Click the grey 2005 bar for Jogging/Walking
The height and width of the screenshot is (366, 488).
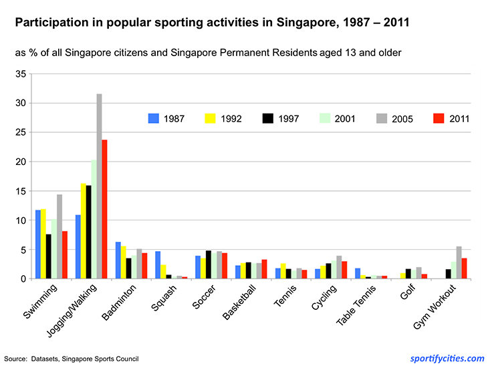pos(100,186)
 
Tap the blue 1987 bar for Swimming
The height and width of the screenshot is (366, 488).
pos(38,244)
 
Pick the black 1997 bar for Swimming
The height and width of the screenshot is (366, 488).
pos(49,256)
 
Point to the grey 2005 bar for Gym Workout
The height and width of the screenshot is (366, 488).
pos(459,263)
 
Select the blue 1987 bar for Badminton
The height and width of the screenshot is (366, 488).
pos(118,260)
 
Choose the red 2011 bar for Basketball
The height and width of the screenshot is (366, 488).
pos(264,269)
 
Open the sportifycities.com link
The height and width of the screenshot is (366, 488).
pos(447,358)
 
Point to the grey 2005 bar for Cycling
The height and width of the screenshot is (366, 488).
pos(340,268)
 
